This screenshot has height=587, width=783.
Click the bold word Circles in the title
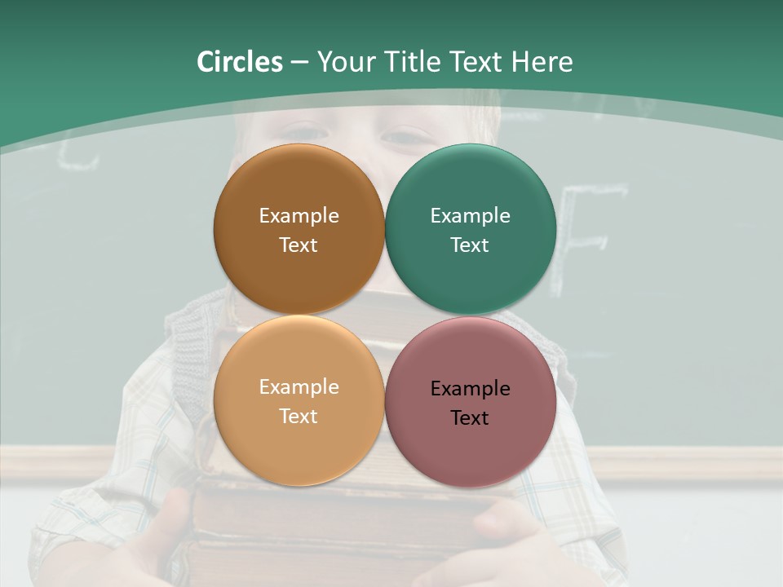[x=239, y=62]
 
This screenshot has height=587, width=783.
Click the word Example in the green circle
[x=470, y=216]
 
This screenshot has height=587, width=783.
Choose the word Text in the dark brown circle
[x=299, y=245]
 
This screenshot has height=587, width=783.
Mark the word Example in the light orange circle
[x=299, y=387]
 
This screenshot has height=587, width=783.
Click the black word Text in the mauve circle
[x=470, y=418]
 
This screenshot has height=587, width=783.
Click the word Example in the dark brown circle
[x=299, y=216]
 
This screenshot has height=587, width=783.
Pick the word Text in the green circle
[x=470, y=245]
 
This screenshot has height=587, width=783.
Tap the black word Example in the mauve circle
[x=470, y=389]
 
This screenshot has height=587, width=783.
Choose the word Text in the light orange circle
[x=299, y=417]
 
